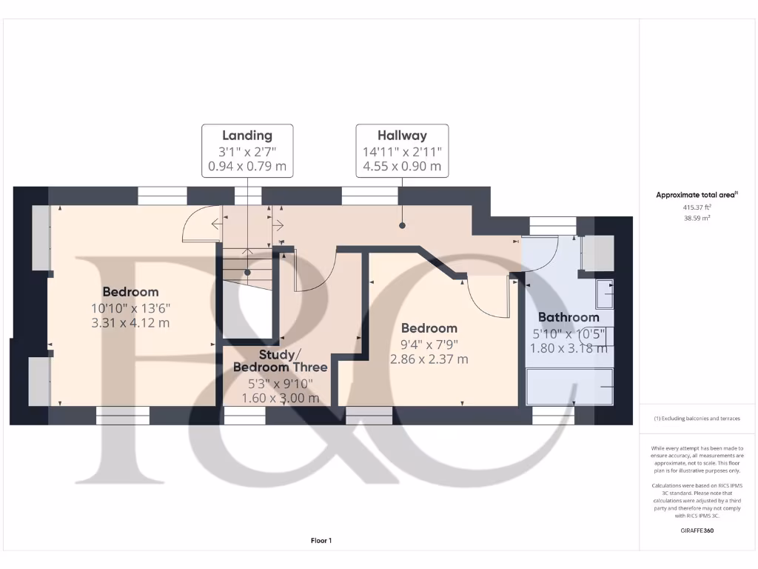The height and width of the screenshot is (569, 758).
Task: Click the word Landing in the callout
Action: click(247, 136)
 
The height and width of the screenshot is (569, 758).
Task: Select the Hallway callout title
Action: click(402, 136)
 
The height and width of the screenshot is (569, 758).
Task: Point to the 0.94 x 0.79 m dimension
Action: click(247, 166)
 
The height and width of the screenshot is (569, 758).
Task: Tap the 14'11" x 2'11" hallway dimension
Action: click(402, 151)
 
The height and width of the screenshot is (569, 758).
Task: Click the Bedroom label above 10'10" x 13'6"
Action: click(130, 292)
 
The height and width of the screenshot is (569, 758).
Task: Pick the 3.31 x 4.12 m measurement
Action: click(130, 322)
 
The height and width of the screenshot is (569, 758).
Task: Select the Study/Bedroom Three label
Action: click(281, 361)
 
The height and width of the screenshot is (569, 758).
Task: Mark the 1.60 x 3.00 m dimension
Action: click(281, 398)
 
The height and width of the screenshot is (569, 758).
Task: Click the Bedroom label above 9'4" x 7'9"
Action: click(429, 328)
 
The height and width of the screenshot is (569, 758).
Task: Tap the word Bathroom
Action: click(568, 317)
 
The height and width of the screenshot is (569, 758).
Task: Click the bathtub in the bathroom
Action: click(569, 386)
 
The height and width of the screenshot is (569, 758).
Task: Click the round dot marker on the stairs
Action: click(247, 272)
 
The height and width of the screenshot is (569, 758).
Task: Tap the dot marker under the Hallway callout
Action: click(402, 224)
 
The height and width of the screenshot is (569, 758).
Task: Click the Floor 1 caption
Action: click(321, 541)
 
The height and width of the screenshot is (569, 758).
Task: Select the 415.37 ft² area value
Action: click(697, 208)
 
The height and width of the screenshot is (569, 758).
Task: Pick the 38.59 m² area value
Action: click(697, 219)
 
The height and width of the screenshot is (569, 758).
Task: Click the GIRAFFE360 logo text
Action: click(697, 530)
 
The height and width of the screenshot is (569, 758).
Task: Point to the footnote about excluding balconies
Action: click(697, 419)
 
